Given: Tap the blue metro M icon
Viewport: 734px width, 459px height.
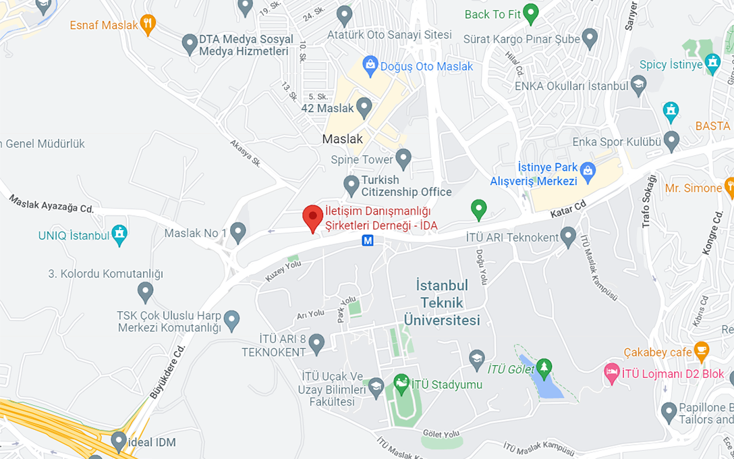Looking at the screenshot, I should point(368,241).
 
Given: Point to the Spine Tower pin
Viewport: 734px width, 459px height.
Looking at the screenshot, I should point(403,159).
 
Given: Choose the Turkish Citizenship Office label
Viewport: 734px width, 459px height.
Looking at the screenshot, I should point(406,186).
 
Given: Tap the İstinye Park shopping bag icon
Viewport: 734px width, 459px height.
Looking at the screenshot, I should point(588,171).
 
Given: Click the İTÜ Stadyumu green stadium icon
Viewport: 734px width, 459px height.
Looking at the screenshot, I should point(401,383).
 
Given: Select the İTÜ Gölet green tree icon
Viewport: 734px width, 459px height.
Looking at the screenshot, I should point(544,368).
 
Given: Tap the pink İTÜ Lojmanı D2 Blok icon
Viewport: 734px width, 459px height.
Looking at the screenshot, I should point(612,373).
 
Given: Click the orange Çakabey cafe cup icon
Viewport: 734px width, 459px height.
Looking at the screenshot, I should point(702,350).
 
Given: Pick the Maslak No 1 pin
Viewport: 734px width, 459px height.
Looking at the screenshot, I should point(237,232).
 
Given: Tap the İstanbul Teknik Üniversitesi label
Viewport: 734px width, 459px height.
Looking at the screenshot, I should point(442,302).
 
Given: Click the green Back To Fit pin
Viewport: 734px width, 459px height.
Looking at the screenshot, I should point(531,13).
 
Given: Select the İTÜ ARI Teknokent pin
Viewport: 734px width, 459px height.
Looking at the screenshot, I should point(568,236).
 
